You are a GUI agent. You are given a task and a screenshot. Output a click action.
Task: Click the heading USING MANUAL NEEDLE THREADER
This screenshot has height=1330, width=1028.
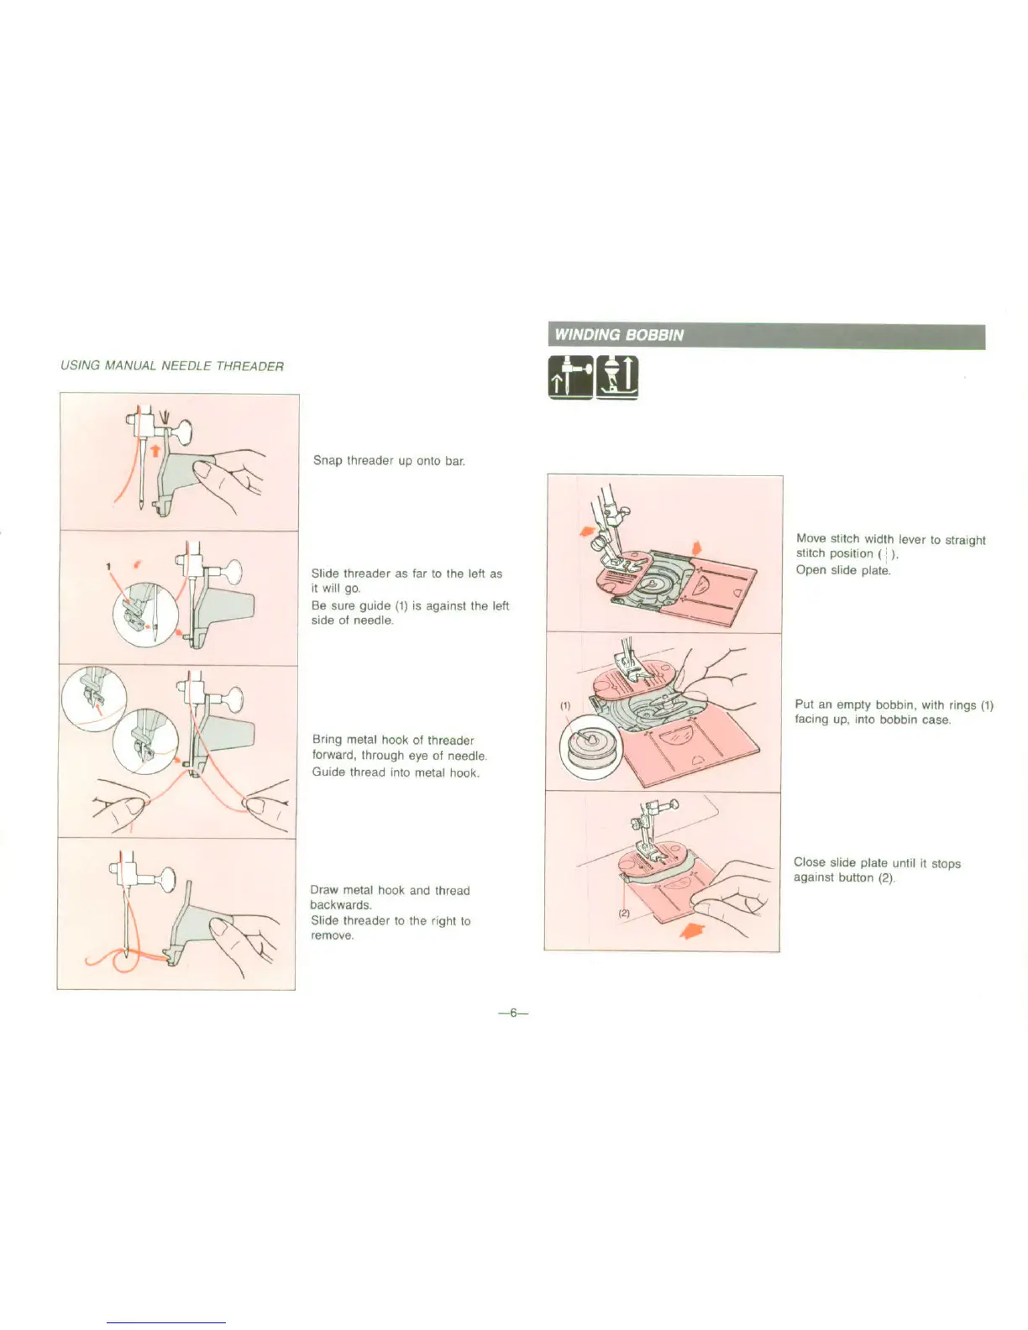172,366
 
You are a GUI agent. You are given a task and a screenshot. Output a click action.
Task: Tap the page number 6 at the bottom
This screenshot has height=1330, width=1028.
512,1013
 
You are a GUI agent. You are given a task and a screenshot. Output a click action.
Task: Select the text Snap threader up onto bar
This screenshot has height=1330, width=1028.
389,461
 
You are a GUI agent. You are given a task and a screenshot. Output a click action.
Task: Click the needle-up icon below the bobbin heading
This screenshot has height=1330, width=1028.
571,376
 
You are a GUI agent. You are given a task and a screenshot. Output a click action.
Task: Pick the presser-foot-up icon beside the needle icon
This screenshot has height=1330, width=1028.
617,376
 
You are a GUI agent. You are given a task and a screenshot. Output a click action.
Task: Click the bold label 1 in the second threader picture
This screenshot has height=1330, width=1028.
108,566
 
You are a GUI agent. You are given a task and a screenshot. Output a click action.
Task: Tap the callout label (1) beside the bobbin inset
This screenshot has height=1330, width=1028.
565,705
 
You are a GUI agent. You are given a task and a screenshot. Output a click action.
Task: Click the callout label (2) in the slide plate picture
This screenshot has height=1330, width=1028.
624,913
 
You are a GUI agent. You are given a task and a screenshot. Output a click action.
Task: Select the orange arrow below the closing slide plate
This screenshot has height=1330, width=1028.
690,929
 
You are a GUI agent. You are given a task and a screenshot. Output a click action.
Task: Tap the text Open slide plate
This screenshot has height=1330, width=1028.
843,570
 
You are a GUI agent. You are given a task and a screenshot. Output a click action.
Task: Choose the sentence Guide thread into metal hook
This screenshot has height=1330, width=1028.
396,772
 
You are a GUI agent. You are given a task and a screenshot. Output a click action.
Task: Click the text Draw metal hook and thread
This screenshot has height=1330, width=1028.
390,890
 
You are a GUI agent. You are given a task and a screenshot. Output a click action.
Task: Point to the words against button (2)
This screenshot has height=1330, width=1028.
844,878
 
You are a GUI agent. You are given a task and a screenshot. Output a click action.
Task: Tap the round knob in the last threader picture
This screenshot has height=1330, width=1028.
166,880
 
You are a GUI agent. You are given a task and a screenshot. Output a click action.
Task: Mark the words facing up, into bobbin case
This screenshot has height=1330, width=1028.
873,720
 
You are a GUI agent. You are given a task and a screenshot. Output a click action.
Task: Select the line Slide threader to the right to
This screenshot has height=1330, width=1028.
391,921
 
